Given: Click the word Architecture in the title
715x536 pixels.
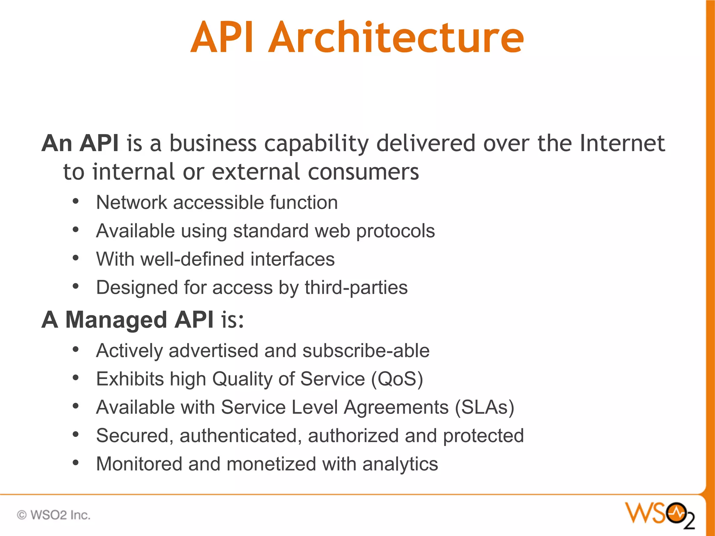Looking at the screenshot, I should coord(396,37).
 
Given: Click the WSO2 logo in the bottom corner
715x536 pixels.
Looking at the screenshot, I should coord(659,515).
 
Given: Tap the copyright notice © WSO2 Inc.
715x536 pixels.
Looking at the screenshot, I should coord(54,515).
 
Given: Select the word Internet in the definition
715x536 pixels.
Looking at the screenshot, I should coord(622,143).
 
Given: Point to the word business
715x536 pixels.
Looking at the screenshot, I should coord(213,143).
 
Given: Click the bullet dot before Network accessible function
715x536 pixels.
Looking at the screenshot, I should coord(75,202).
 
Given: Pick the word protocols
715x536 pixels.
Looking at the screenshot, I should coord(395,231).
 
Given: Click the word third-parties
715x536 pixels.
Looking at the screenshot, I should coord(356,288).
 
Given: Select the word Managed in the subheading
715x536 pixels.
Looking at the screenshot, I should coord(116,320).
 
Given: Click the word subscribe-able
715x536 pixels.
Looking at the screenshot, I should coord(366,351).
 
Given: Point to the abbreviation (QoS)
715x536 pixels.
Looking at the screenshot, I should coord(397,379).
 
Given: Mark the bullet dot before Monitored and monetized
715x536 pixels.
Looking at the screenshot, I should coord(75,463).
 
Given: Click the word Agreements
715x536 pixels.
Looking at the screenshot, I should coord(396,408).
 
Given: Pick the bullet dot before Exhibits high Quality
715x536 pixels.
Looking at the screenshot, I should coord(75,378).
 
